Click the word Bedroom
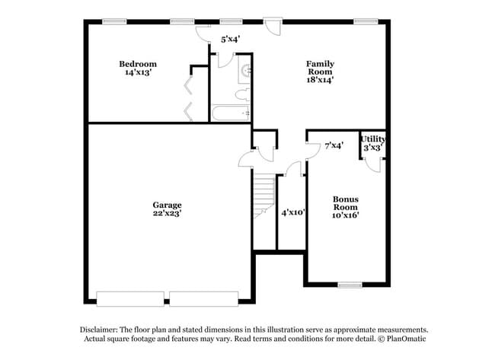point(138,63)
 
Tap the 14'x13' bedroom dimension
point(138,73)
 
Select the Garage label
point(167,205)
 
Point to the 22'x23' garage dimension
point(167,214)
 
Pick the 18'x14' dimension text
point(320,79)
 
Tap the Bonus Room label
point(345,204)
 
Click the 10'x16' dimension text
point(345,215)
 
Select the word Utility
point(373,139)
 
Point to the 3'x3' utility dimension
point(373,148)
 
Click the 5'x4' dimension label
point(231,38)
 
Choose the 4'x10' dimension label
point(293,212)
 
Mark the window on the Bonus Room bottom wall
point(350,285)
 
